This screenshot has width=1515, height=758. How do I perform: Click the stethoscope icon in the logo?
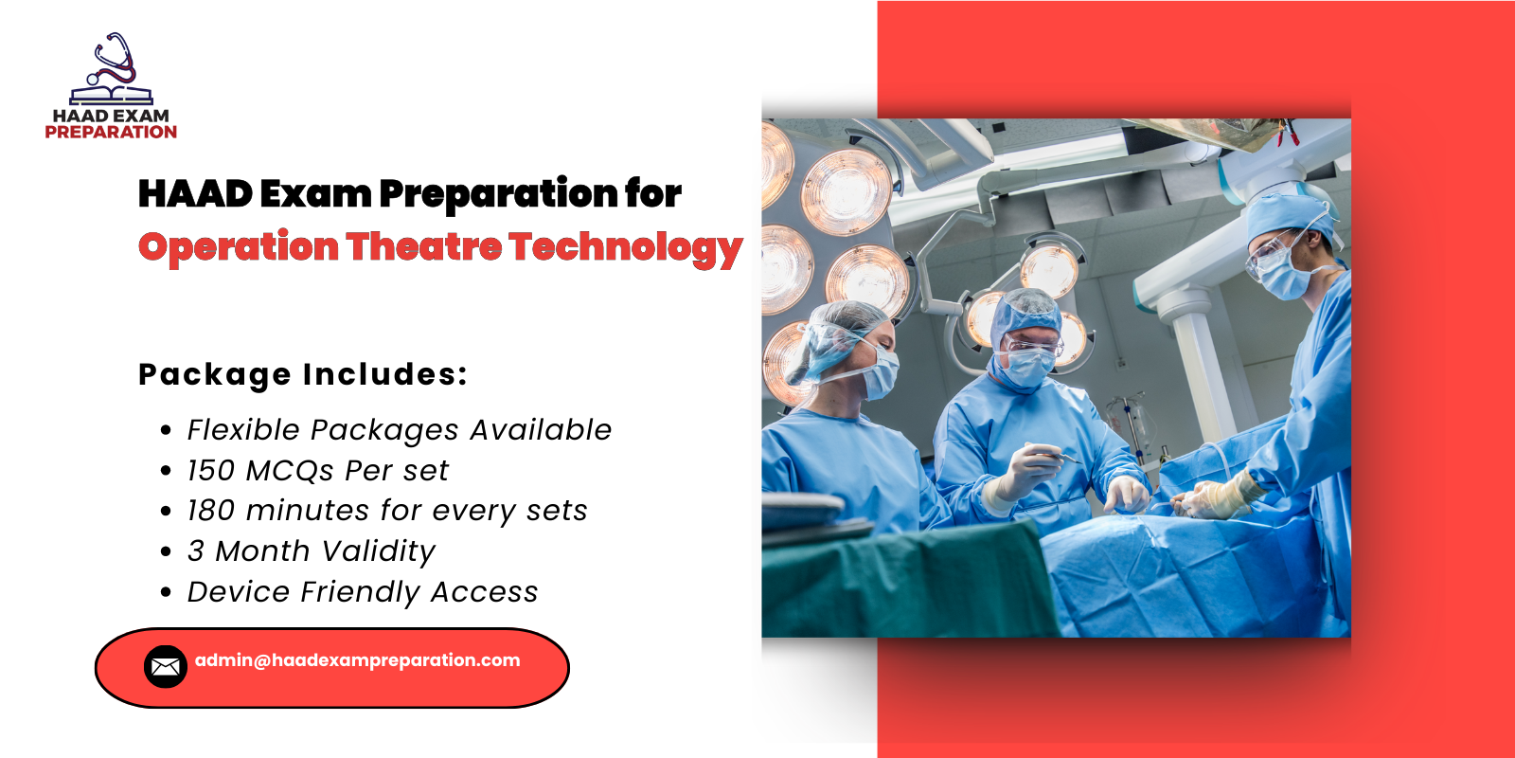click(x=113, y=63)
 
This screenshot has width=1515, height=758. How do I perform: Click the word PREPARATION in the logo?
click(x=111, y=133)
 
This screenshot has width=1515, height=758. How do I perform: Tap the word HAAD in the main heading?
click(x=194, y=194)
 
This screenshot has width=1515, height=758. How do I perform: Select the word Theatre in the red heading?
click(x=423, y=246)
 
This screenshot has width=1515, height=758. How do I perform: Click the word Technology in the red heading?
click(x=625, y=248)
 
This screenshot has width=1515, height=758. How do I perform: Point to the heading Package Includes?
click(x=303, y=374)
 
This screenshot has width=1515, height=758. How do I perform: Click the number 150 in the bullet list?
click(x=210, y=471)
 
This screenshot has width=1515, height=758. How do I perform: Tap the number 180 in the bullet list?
click(x=210, y=511)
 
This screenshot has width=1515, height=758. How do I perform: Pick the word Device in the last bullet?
click(x=239, y=592)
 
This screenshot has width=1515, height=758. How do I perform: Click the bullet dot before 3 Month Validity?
click(x=167, y=551)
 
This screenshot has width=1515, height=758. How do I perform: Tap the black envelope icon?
click(x=166, y=667)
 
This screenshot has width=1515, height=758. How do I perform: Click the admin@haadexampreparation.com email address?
click(x=357, y=660)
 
